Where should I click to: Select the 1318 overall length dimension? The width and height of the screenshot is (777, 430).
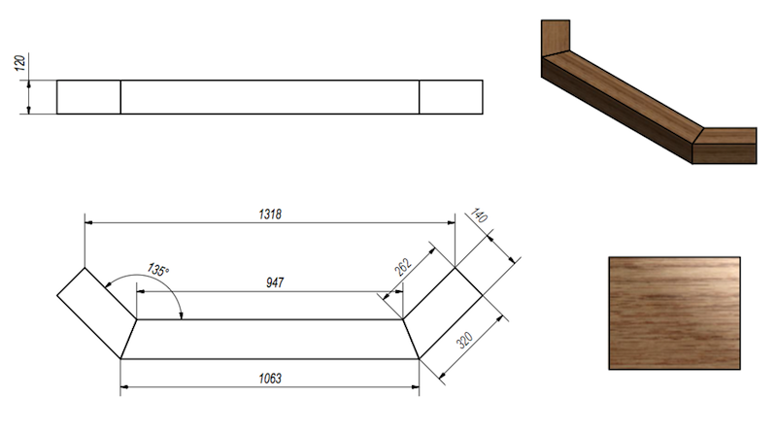tap(271, 214)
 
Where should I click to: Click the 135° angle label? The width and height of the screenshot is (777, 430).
tap(158, 269)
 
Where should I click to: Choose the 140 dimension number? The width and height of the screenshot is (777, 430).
tap(478, 216)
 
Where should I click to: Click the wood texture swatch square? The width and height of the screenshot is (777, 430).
tap(674, 313)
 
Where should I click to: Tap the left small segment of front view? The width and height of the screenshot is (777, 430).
tap(88, 97)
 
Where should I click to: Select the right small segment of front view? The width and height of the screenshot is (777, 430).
tap(451, 97)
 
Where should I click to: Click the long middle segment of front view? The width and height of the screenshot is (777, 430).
tap(270, 97)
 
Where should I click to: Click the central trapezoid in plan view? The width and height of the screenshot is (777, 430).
tap(270, 338)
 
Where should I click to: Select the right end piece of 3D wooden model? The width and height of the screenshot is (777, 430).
tap(727, 146)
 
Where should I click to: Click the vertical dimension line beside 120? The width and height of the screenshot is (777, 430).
tap(30, 97)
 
